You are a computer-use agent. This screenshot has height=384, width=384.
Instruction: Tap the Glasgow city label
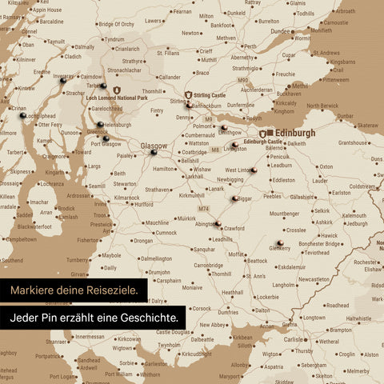pyautogui.click(x=154, y=146)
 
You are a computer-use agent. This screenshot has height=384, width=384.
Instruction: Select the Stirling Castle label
pyautogui.click(x=209, y=94)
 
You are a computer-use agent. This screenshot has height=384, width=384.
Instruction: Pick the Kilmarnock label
pyautogui.click(x=127, y=197)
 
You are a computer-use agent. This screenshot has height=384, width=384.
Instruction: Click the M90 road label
pyautogui.click(x=243, y=80)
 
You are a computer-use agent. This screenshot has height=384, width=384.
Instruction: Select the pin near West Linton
pyautogui.click(x=253, y=170)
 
